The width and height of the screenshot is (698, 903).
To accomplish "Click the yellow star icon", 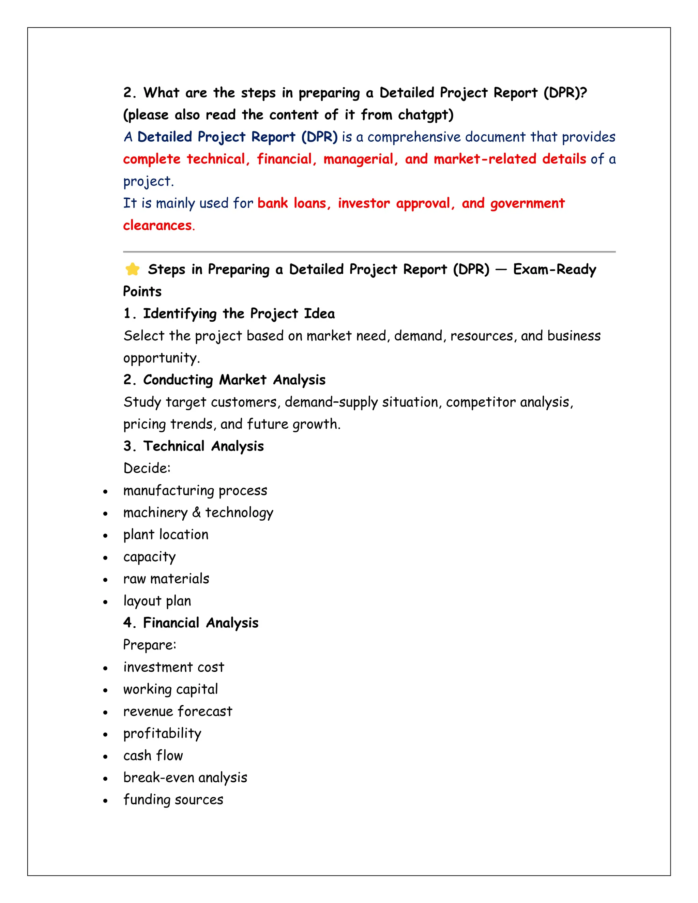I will (132, 269).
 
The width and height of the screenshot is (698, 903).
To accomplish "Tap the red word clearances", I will (157, 225).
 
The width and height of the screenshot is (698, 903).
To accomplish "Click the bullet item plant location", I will (166, 535).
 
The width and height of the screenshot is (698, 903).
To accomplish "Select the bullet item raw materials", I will (166, 579).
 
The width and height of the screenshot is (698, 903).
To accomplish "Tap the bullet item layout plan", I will (157, 601).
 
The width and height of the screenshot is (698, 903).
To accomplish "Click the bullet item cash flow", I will (153, 755).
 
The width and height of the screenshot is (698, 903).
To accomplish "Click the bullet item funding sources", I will (173, 800).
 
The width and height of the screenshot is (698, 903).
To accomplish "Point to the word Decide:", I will (147, 468).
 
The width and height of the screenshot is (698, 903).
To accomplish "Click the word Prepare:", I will (150, 645).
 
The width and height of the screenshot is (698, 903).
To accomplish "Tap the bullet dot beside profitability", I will (105, 734).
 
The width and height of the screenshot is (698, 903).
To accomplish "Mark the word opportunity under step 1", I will (161, 358).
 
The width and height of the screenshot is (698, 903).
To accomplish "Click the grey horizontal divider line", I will (369, 251).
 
